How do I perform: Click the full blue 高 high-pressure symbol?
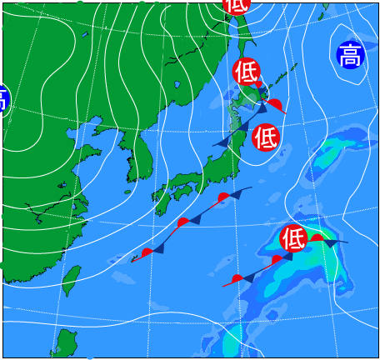pos(350,55)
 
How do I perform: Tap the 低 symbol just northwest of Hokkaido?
pos(246,72)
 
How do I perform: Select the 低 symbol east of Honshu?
pos(265,136)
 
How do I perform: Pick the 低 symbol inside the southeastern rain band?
pos(292,238)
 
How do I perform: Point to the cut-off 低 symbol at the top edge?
pos(236,4)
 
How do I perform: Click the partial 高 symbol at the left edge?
pos(2,98)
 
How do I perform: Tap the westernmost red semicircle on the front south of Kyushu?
pos(147,252)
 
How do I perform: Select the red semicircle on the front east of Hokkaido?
pos(275,103)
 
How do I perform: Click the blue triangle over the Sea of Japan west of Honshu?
pos(222,142)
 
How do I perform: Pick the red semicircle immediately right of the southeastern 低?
pos(317,238)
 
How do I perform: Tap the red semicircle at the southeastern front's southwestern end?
pos(237,278)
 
